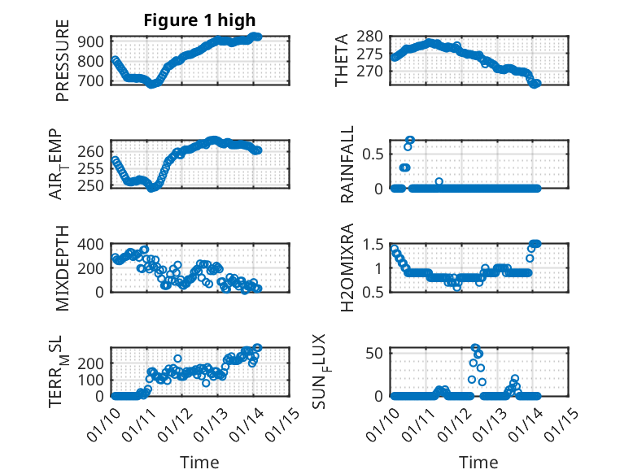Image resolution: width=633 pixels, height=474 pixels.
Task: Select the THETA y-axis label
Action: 342,60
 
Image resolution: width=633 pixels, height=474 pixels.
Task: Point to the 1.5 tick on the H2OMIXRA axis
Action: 374,244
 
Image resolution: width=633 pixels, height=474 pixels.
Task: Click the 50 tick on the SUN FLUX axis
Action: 377,352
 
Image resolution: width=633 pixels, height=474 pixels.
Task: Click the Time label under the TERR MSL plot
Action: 199,462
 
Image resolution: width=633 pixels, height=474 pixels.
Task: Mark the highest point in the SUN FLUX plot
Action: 476,348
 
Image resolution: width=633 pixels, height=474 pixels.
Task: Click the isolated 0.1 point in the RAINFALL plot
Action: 439,181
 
